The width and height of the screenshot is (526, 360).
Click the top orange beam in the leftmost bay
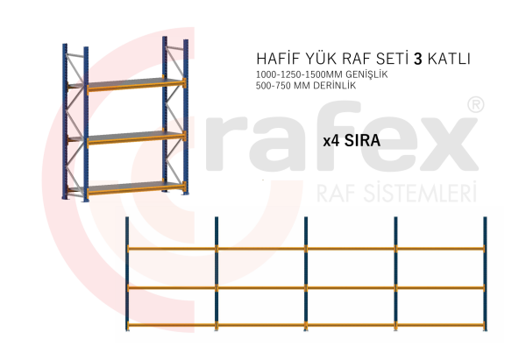coord(172,249)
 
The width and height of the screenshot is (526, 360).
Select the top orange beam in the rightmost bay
coord(440,249)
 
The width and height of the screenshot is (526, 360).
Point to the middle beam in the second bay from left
coord(261,287)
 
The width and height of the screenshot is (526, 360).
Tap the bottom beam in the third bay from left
coord(351,326)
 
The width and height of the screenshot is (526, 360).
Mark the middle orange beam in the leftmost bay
coord(172,287)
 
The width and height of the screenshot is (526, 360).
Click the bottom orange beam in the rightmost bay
coord(440,326)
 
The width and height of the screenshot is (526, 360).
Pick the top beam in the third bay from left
coord(351,249)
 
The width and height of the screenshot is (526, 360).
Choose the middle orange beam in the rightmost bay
coord(440,287)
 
